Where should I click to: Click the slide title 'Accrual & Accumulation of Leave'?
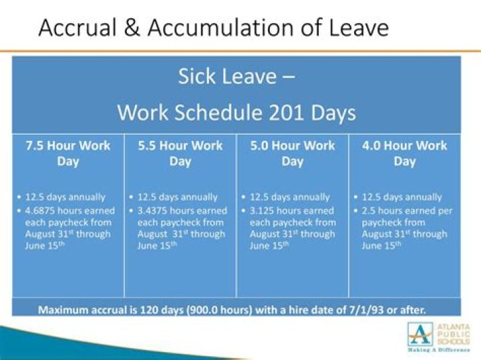213,27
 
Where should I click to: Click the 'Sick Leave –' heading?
236,76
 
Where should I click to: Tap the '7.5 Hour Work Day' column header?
67,153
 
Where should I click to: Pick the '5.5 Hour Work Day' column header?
180,153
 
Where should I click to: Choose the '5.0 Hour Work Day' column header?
292,153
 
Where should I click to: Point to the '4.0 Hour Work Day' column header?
404,153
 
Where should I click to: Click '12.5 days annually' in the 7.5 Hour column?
65,197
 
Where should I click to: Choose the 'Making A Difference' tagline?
437,349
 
